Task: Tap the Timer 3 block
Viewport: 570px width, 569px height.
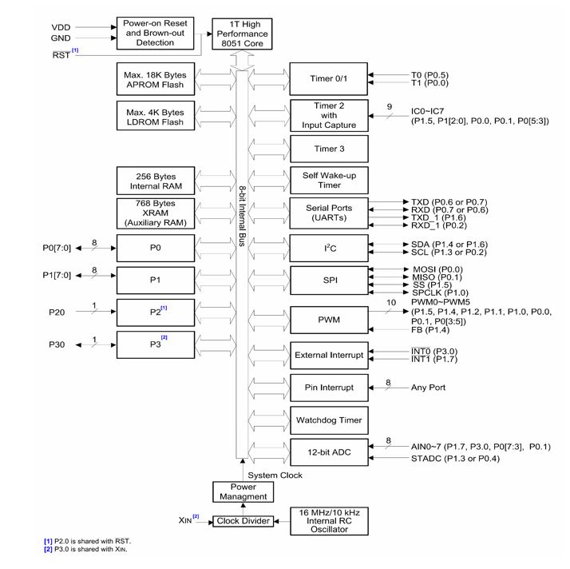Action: pyautogui.click(x=329, y=148)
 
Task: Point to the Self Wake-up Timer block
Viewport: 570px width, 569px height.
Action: pyautogui.click(x=329, y=180)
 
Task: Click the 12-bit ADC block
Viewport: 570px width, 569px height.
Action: pyautogui.click(x=329, y=452)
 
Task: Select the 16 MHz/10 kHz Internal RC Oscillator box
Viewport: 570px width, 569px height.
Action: pyautogui.click(x=329, y=521)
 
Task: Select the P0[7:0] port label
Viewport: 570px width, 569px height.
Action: pyautogui.click(x=57, y=248)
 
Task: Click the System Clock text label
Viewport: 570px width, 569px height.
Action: pyautogui.click(x=276, y=475)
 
